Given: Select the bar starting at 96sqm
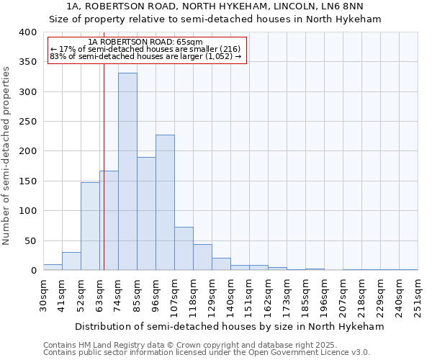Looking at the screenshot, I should pyautogui.click(x=165, y=202).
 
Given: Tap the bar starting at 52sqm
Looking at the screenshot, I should pyautogui.click(x=90, y=226).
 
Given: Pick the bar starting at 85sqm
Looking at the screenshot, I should pyautogui.click(x=146, y=213).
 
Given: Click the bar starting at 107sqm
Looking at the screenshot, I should pyautogui.click(x=184, y=248).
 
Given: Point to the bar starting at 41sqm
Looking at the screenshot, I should pyautogui.click(x=71, y=261).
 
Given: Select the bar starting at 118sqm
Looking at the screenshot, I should pyautogui.click(x=202, y=257).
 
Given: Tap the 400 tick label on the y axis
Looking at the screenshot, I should pyautogui.click(x=28, y=32).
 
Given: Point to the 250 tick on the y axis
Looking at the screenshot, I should pyautogui.click(x=28, y=122).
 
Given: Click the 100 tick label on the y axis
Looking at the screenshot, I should pyautogui.click(x=28, y=211).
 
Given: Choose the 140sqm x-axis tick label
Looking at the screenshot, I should pyautogui.click(x=230, y=296).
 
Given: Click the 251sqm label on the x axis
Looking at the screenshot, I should pyautogui.click(x=418, y=296).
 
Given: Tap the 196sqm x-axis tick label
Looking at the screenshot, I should pyautogui.click(x=324, y=296).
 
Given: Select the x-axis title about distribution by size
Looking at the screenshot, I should pyautogui.click(x=230, y=326).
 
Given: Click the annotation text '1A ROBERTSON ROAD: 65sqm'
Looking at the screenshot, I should pyautogui.click(x=147, y=42).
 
